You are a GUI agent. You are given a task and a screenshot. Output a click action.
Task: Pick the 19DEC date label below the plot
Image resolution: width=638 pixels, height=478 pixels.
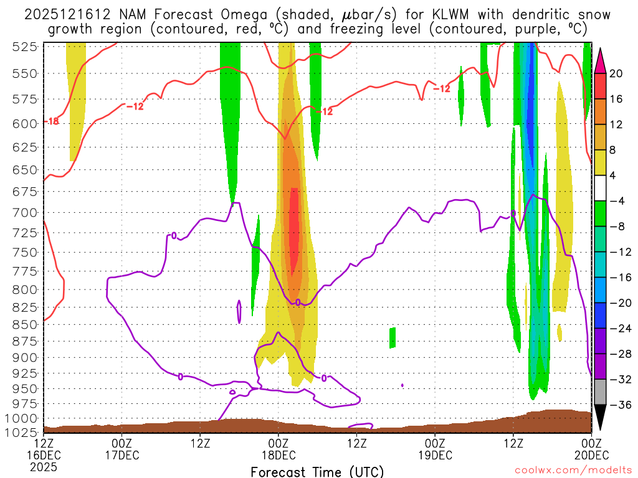(x=435, y=456)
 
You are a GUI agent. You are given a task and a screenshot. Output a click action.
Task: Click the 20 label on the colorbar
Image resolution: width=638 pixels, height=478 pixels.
(x=616, y=73)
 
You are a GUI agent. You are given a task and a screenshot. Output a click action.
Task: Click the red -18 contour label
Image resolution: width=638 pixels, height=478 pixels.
(x=51, y=121)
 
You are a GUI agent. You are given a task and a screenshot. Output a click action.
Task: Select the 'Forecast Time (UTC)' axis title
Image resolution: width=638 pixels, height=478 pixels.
(x=317, y=471)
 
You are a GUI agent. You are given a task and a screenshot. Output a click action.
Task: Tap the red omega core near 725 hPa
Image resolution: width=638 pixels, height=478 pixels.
(x=294, y=230)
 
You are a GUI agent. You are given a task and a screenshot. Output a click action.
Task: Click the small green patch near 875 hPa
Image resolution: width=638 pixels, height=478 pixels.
(x=393, y=337)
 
